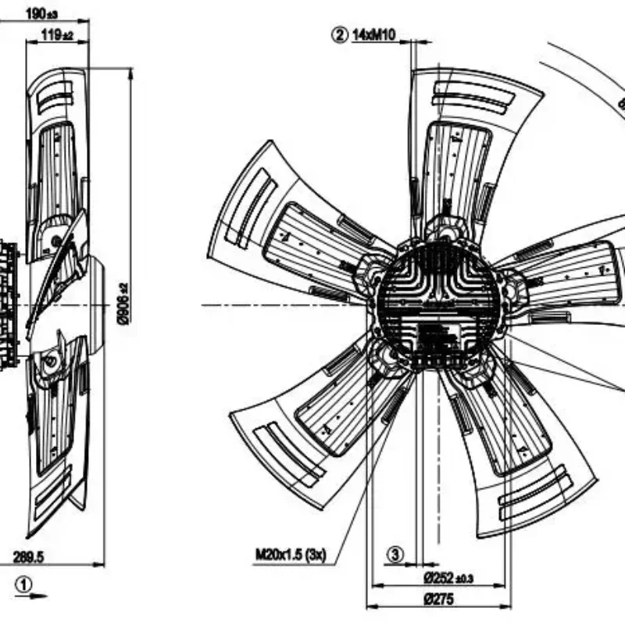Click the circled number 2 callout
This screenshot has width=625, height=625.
339,34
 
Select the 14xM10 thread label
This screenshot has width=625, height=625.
375,34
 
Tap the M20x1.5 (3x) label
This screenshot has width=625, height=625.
290,555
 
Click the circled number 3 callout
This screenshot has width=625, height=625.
395,555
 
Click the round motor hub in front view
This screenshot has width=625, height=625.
437,304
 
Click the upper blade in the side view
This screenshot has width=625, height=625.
55,156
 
